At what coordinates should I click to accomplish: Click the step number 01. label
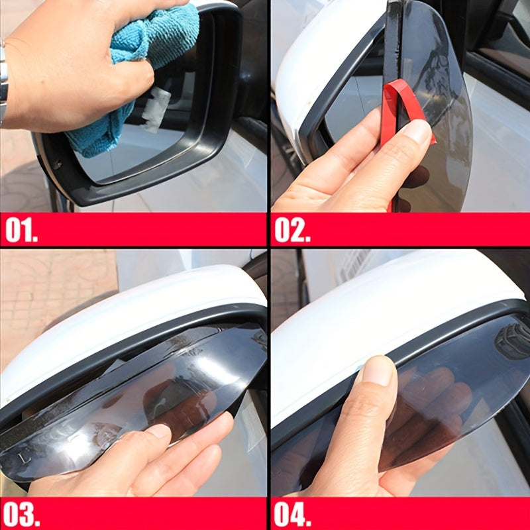21,229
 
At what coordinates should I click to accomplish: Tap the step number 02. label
292,230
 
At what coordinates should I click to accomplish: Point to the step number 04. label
292,514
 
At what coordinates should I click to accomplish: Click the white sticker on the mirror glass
156,109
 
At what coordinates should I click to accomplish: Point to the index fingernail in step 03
159,432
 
